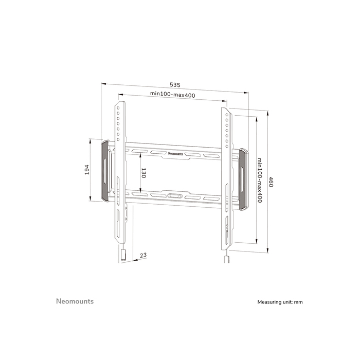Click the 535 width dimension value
(x=175, y=85)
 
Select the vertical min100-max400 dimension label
(x=260, y=180)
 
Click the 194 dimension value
(x=87, y=169)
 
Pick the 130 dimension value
(x=143, y=173)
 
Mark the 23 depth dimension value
(x=142, y=255)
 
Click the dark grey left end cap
(x=105, y=170)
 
